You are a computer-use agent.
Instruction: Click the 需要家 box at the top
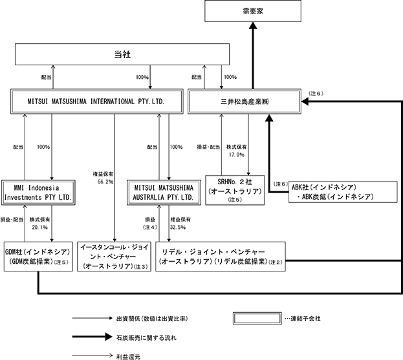[253, 11]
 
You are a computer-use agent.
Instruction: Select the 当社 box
[122, 54]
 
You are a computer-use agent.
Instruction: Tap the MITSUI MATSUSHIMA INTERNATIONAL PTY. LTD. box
[96, 101]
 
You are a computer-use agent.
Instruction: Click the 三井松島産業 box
[245, 101]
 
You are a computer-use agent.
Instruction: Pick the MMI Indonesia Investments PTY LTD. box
[38, 193]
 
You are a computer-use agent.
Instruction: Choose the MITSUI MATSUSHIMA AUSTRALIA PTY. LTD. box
[164, 193]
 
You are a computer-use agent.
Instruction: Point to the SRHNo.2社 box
[235, 190]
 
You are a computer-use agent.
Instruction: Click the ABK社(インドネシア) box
[343, 192]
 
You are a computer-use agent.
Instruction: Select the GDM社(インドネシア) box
[38, 257]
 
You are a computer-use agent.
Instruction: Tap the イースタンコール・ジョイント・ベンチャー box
[114, 257]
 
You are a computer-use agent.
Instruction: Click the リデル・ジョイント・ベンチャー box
[221, 257]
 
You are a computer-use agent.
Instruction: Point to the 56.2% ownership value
[105, 182]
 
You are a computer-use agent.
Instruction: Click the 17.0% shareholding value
[237, 154]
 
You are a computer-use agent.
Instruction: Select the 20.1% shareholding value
[40, 228]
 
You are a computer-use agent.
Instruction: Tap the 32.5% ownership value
[178, 228]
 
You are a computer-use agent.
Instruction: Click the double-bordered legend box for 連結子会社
[257, 319]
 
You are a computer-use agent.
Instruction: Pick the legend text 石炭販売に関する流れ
[146, 337]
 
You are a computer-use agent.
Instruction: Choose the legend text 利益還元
[128, 357]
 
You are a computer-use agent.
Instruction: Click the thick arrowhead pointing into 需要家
[253, 26]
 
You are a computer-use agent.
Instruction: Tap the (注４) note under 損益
[150, 228]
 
